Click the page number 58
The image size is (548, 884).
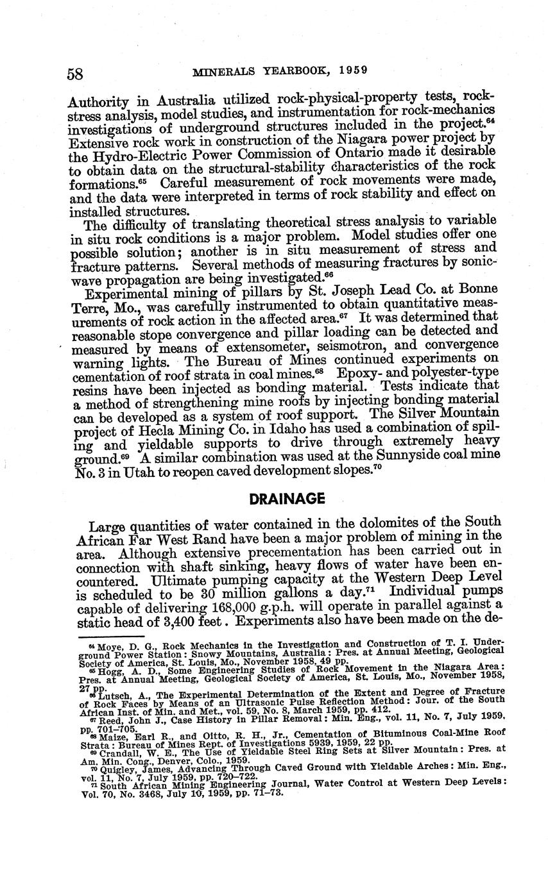tap(75, 73)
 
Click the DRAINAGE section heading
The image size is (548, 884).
tap(278, 499)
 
